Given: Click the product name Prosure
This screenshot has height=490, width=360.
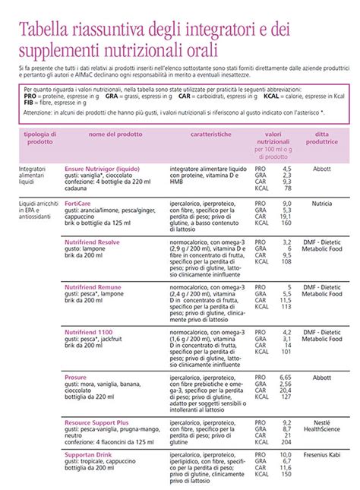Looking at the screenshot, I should (76, 376).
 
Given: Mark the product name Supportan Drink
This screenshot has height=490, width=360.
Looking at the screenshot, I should (90, 454).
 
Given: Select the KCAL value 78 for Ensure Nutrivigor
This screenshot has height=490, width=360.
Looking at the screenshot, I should (287, 188).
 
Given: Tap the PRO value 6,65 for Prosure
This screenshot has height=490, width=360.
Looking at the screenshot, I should (285, 376).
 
